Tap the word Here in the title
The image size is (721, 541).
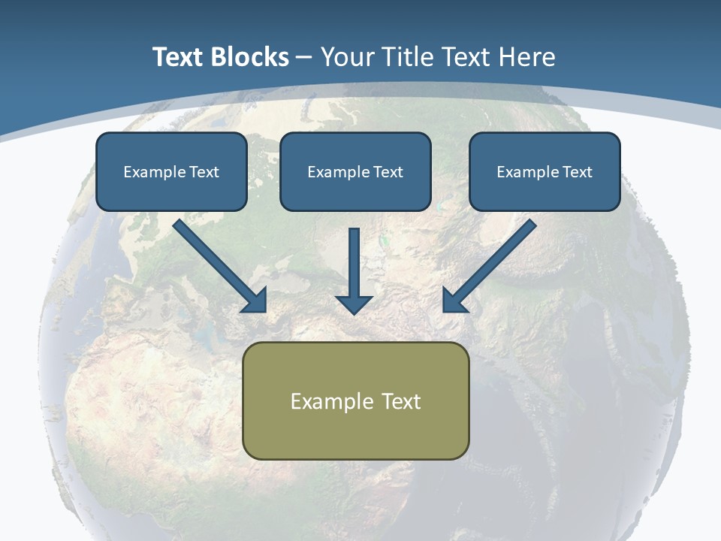pos(529,57)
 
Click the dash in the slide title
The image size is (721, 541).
pos(304,58)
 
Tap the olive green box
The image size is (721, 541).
pos(355,432)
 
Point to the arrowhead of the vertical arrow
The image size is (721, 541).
pos(354,304)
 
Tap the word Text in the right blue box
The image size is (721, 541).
pos(578,172)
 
